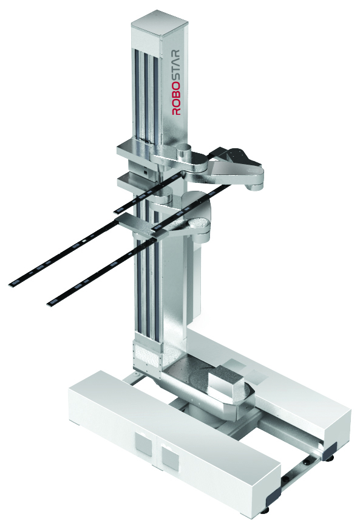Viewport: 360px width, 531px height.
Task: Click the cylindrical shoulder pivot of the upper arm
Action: [x=184, y=151]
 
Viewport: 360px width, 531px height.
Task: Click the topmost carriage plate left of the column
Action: [x=131, y=148]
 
